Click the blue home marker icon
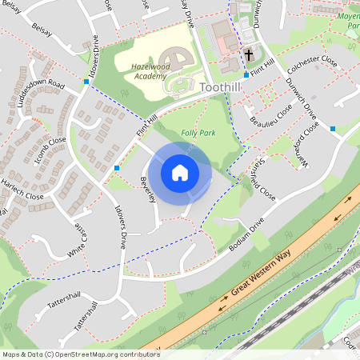point(180,172)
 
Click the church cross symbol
point(249,55)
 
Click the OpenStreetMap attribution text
point(81,354)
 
